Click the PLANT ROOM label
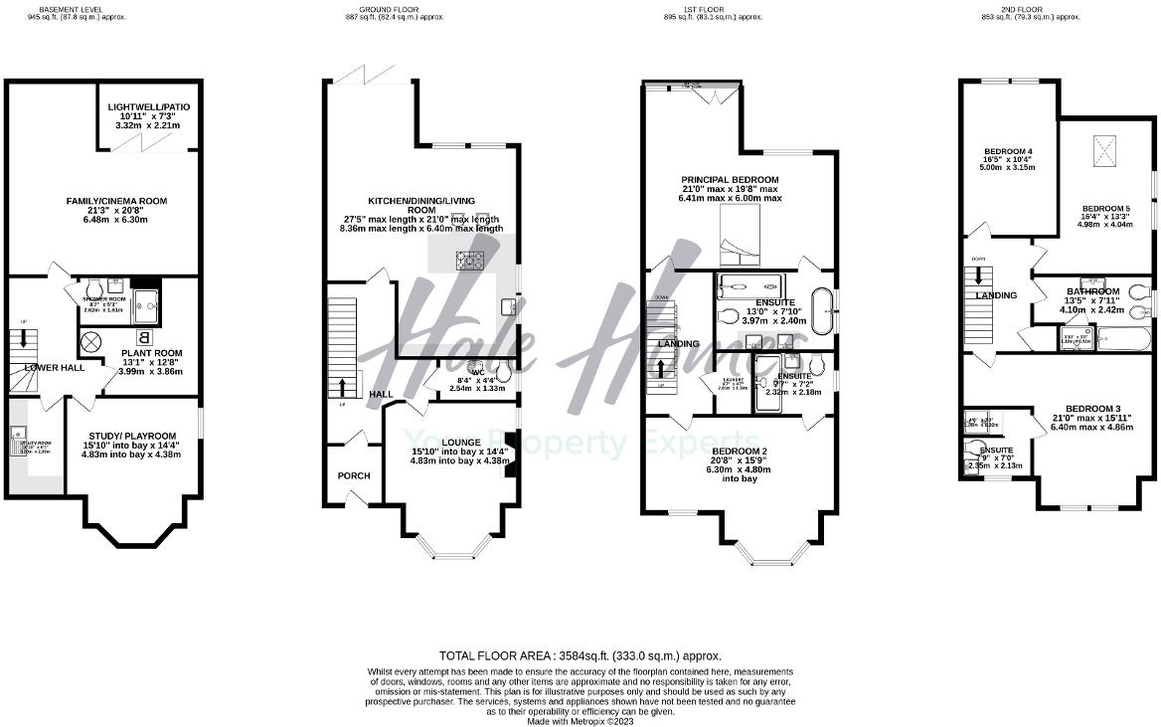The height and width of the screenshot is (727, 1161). (x=150, y=352)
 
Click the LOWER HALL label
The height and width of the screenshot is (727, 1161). (x=56, y=367)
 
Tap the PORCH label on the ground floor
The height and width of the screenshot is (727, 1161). (x=353, y=475)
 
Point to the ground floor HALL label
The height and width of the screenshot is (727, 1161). (x=382, y=395)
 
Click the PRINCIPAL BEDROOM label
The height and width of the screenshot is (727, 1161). (x=729, y=178)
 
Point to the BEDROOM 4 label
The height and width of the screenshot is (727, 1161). (x=1002, y=151)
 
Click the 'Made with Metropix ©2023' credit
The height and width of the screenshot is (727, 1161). (x=580, y=721)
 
